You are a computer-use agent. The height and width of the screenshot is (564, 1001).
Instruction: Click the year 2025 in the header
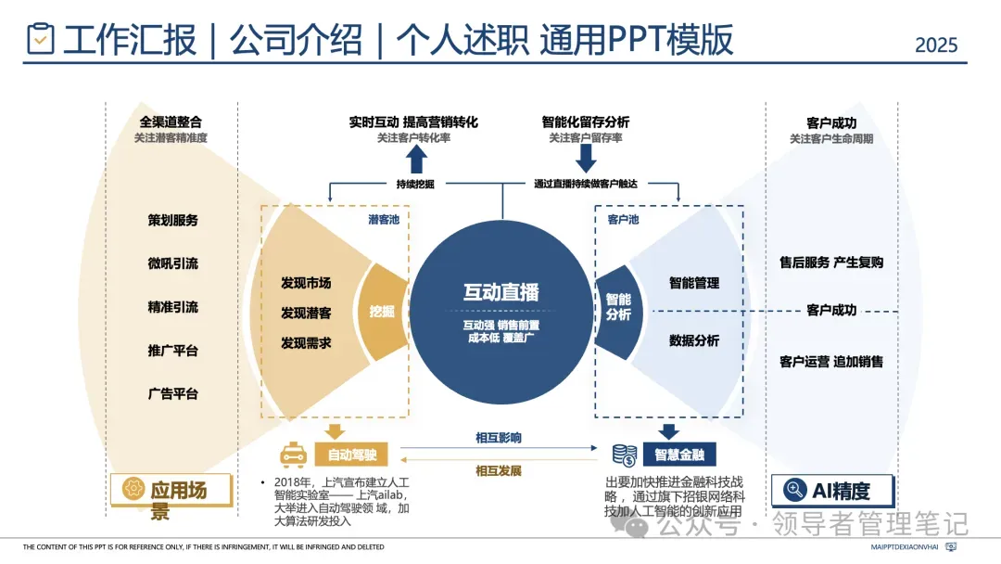[936, 45]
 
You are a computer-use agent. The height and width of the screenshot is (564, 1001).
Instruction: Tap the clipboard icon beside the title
[40, 39]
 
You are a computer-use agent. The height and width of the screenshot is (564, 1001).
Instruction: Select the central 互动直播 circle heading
[500, 291]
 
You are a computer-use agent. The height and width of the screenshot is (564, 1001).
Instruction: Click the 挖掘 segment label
[382, 312]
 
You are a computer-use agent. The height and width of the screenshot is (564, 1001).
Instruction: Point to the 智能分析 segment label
[618, 307]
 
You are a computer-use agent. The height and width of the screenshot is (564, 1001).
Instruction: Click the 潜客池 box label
[385, 220]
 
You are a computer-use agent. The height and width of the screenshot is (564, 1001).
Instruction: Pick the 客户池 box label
[623, 220]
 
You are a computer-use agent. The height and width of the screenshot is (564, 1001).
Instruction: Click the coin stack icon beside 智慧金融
[624, 455]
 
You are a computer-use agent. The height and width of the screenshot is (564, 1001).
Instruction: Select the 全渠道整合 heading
[171, 122]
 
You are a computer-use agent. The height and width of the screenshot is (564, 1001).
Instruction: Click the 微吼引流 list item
[172, 263]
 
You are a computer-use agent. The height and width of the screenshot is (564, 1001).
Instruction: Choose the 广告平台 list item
[172, 393]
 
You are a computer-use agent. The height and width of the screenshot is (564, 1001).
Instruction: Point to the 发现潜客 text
[306, 314]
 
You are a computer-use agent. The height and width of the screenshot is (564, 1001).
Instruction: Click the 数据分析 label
[694, 340]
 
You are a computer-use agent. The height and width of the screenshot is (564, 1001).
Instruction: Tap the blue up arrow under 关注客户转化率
[416, 160]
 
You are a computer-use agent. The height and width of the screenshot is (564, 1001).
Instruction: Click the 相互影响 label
[499, 437]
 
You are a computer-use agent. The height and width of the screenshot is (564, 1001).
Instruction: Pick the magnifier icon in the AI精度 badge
[794, 490]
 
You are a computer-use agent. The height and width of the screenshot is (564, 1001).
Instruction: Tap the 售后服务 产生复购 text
[831, 263]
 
